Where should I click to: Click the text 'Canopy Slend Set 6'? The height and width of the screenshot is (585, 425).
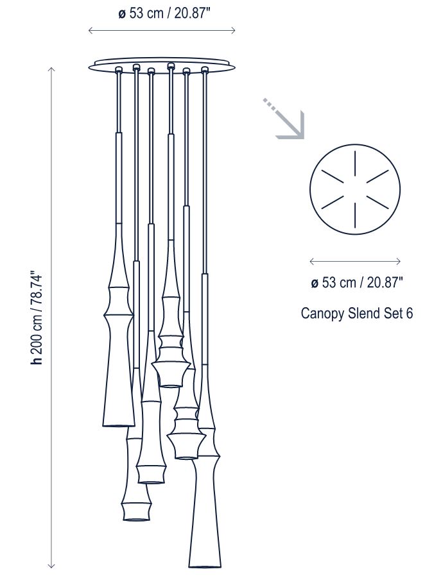click(x=357, y=313)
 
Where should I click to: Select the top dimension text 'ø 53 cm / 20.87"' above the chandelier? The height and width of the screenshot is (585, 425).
click(x=164, y=13)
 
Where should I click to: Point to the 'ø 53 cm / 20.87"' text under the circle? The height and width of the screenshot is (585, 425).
click(x=357, y=282)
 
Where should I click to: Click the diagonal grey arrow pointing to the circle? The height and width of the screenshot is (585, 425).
click(x=284, y=119)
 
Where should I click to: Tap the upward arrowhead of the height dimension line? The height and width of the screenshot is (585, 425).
click(x=51, y=70)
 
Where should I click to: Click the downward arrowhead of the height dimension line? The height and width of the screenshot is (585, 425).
click(x=51, y=566)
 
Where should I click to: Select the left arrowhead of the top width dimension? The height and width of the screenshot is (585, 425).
click(x=91, y=31)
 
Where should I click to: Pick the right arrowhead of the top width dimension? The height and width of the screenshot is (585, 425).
click(x=232, y=31)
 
